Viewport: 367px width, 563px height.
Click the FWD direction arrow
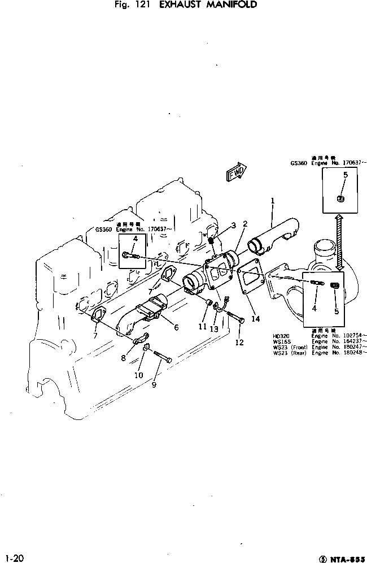[235, 174]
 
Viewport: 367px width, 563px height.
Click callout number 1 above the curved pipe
[272, 200]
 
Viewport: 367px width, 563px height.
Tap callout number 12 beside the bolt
[240, 343]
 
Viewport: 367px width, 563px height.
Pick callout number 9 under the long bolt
[154, 386]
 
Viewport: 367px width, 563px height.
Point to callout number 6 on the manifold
[176, 327]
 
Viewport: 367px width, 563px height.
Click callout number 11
[202, 326]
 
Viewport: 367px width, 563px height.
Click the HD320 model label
[280, 336]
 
